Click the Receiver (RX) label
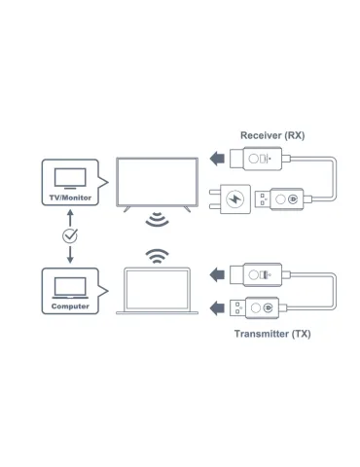(272, 135)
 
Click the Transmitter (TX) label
(272, 334)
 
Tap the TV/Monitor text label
(70, 198)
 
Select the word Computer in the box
(70, 306)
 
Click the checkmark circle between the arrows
(70, 235)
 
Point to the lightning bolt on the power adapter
(234, 198)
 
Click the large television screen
(158, 182)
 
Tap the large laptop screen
(158, 289)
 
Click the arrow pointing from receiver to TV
(217, 159)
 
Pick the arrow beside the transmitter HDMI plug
(217, 274)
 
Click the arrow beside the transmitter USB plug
(217, 307)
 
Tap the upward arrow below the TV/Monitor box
(70, 218)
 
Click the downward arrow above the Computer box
(70, 255)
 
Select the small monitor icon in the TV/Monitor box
(70, 179)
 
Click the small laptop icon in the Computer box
(70, 288)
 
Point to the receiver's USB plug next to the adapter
(262, 199)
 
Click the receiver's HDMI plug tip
(236, 159)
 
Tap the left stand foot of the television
(126, 209)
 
